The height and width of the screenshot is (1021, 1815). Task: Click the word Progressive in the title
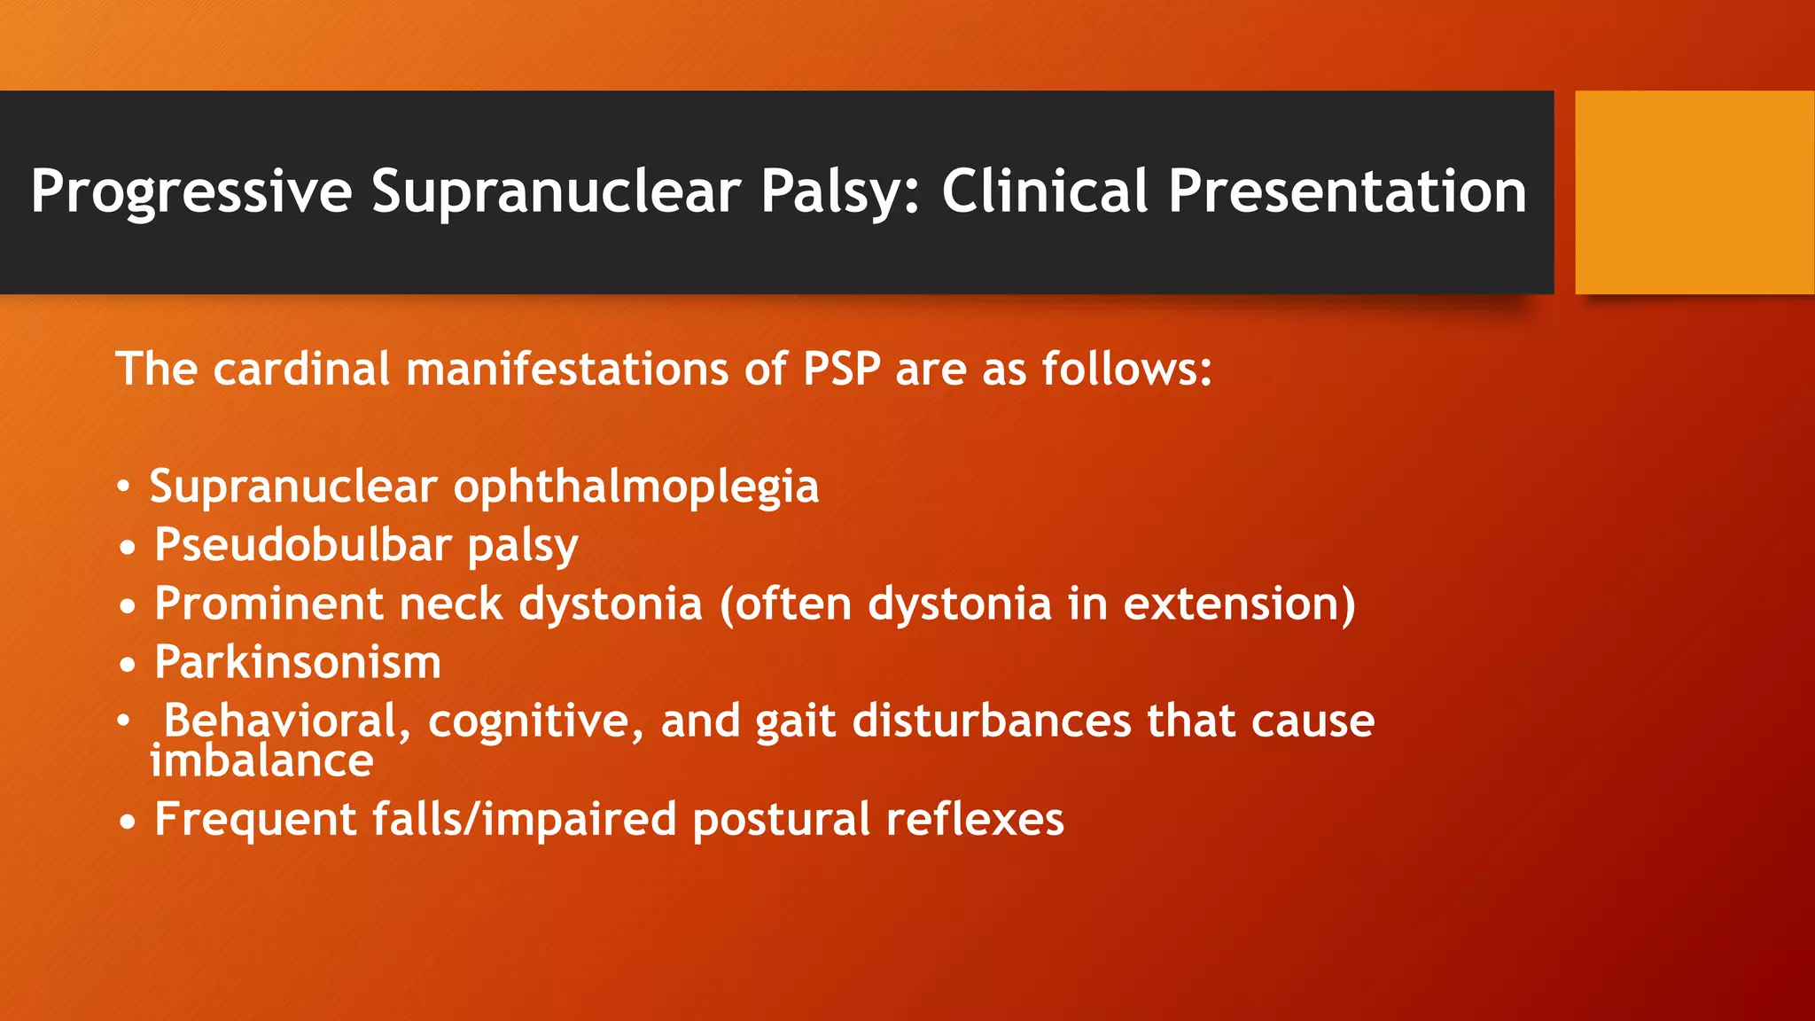pos(191,191)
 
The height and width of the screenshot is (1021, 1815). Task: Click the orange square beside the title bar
pos(1694,191)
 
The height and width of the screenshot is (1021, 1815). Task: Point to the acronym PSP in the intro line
pos(841,369)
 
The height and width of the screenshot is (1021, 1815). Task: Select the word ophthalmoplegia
pos(635,487)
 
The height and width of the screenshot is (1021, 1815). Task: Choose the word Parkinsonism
pos(298,662)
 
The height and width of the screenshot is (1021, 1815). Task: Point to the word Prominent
pos(269,604)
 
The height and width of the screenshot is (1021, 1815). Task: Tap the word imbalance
pos(261,761)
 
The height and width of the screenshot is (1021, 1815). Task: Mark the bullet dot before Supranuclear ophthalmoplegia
pos(124,487)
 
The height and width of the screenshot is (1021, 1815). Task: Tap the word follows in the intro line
pos(1126,369)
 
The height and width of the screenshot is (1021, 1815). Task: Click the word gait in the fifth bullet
pos(795,722)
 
